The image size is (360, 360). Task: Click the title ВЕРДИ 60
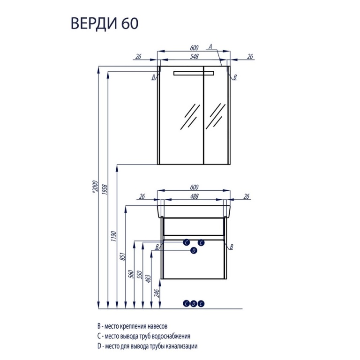[105, 23]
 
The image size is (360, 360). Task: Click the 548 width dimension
[194, 56]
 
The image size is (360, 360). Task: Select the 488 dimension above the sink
[194, 196]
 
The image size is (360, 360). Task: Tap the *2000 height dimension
[95, 187]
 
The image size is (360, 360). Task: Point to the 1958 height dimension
[105, 190]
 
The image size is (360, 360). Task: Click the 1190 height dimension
[114, 236]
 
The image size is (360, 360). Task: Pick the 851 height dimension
[123, 256]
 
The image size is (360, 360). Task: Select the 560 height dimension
[131, 275]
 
